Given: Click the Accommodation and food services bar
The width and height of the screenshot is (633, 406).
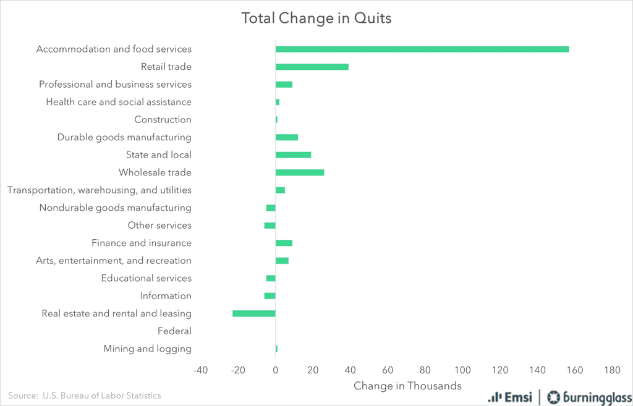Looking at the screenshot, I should [x=422, y=49].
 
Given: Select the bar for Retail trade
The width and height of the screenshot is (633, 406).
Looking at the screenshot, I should [x=312, y=67].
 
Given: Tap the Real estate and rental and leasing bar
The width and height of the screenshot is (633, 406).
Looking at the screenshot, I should [x=254, y=313].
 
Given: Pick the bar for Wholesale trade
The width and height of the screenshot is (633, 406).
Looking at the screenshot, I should [x=300, y=172].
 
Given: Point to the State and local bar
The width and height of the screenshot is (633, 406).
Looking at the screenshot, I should [x=294, y=154].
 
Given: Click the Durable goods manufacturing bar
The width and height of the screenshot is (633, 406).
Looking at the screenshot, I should [x=287, y=137].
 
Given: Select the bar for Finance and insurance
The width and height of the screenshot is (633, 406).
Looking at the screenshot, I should [x=284, y=243].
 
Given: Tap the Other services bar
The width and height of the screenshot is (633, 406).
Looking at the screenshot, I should [x=270, y=226].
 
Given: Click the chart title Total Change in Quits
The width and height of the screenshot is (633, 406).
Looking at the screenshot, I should [x=316, y=18].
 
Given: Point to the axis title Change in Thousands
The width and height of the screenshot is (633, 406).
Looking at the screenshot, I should [x=407, y=386].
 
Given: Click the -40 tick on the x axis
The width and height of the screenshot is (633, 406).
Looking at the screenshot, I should [x=200, y=370].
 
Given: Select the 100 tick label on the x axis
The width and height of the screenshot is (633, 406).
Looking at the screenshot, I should [x=462, y=370].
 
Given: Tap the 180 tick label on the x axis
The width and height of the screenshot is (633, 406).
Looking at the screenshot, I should [x=612, y=370].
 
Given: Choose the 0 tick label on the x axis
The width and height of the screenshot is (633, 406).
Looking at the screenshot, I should [x=276, y=370].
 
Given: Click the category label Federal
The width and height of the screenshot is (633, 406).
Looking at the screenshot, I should [x=174, y=331].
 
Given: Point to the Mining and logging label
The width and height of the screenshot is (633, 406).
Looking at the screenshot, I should [x=148, y=349].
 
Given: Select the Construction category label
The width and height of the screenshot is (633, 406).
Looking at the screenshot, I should [x=163, y=119].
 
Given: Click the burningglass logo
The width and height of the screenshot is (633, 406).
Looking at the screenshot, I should [x=587, y=397].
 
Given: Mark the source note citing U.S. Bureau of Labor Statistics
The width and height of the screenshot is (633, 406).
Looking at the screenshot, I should [x=85, y=395].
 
